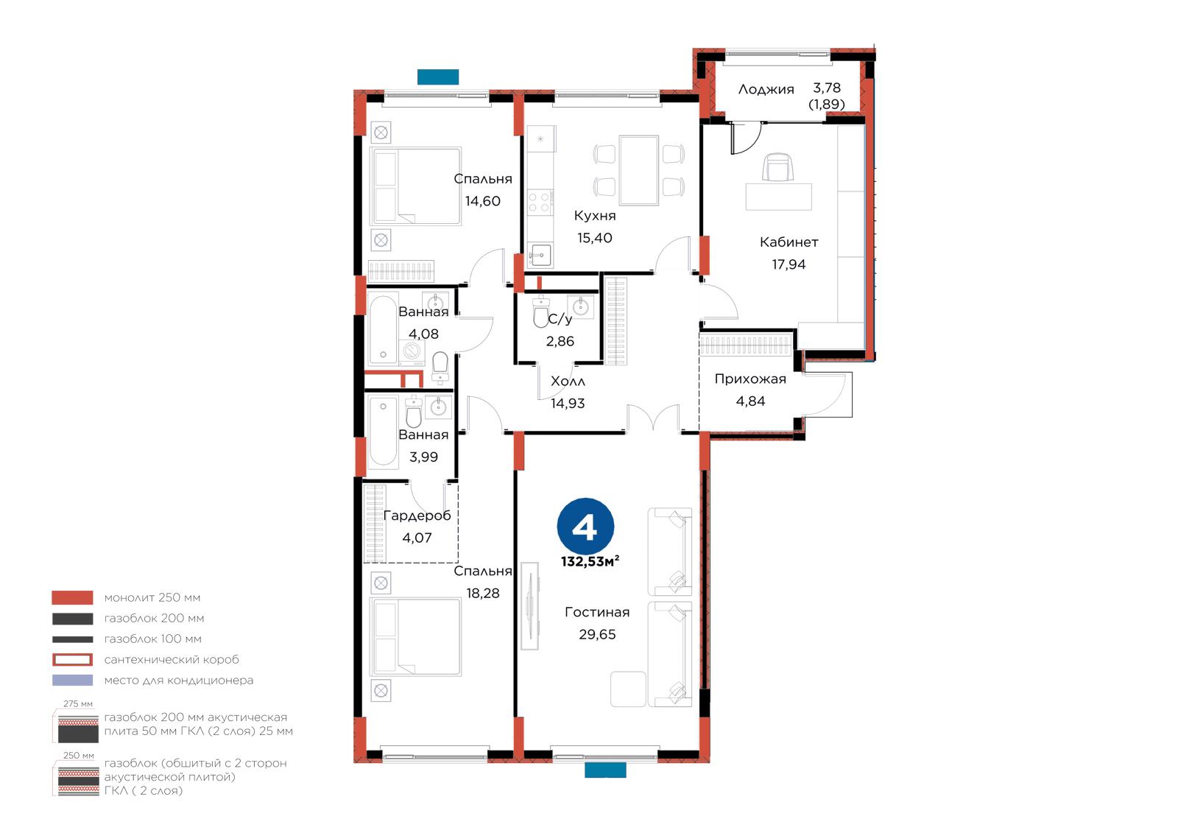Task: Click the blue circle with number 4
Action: coord(585,526)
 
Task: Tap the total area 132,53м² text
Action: coord(590,561)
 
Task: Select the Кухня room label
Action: coord(595,216)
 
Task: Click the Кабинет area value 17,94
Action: coord(789,264)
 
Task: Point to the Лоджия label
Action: coord(766,89)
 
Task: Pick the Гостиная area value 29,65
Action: coord(597,635)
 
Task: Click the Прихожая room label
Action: coord(750,379)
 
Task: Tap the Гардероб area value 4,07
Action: coord(417,538)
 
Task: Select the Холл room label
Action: coord(568,382)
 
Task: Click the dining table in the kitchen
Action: coord(639,170)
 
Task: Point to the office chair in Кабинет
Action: coord(777,166)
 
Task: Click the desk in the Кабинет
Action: coord(778,197)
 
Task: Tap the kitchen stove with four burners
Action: coord(540,202)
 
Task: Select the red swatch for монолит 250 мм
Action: coord(73,598)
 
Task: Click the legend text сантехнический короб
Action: coord(172,660)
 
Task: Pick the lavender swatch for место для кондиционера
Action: coord(73,681)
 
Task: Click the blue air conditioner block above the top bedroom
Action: coord(438,77)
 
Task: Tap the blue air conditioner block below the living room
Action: coord(605,770)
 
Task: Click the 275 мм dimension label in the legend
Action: coord(78,704)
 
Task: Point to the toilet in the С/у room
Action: coord(540,312)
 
